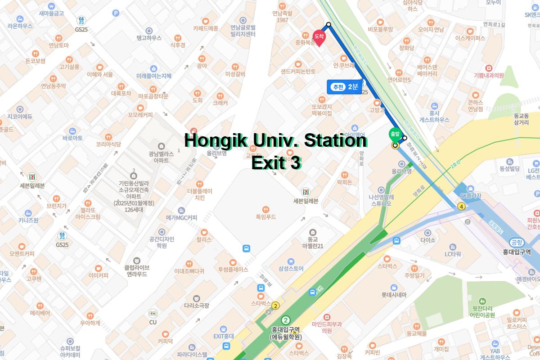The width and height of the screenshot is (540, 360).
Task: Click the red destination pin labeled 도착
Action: [319, 38]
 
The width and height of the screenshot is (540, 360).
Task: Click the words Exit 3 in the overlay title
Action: [275, 163]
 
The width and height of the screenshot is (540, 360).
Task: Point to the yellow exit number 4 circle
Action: [461, 207]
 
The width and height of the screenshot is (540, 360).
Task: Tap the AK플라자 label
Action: [470, 196]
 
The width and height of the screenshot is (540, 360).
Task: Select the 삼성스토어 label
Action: [291, 269]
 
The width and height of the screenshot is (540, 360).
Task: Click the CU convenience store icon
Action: [153, 313]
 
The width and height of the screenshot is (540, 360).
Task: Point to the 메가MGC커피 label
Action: [181, 218]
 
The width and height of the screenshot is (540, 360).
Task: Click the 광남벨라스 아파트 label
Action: [161, 157]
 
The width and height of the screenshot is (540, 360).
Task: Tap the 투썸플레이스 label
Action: [233, 270]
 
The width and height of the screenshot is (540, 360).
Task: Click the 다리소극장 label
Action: [196, 306]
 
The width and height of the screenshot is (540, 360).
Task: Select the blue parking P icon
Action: [116, 13]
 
